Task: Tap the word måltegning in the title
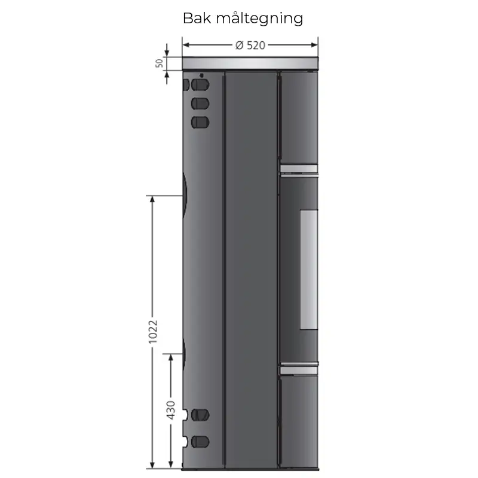(260, 19)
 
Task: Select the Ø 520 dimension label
(250, 45)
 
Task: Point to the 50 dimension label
(159, 63)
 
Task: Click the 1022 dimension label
(153, 332)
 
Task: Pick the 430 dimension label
(171, 410)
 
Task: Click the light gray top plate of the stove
(250, 63)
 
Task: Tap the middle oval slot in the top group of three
(200, 103)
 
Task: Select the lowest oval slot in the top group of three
(200, 122)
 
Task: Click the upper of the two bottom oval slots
(200, 415)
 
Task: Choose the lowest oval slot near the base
(200, 442)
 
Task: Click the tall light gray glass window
(309, 269)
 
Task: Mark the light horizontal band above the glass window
(299, 169)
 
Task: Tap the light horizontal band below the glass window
(299, 370)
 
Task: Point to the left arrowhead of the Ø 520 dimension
(186, 45)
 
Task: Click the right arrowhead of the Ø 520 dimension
(314, 45)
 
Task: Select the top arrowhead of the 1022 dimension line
(152, 199)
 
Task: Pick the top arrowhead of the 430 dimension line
(171, 358)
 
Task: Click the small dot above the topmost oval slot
(201, 75)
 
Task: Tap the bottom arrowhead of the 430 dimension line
(171, 464)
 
